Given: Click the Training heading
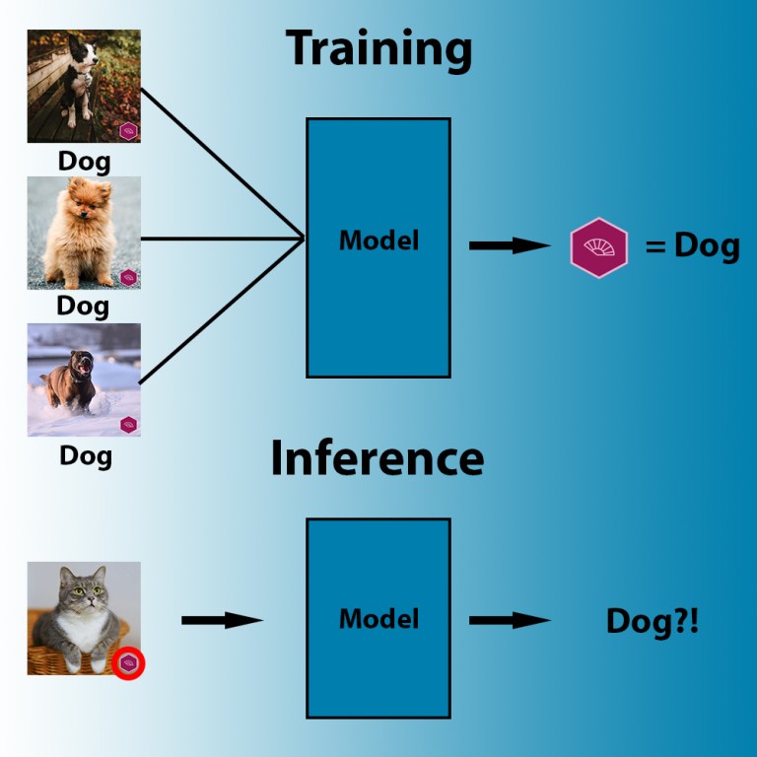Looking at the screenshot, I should pyautogui.click(x=378, y=49).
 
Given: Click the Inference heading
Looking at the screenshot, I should pyautogui.click(x=378, y=458).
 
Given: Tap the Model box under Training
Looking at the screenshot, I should pyautogui.click(x=378, y=247).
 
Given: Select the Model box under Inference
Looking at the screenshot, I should pyautogui.click(x=378, y=618).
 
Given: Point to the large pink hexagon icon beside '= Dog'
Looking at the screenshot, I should pyautogui.click(x=598, y=246).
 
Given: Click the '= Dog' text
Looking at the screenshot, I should pyautogui.click(x=692, y=245).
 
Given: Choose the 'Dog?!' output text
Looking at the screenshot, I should pyautogui.click(x=652, y=621).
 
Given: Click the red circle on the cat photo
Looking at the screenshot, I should pyautogui.click(x=129, y=663).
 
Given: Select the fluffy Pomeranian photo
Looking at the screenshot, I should pyautogui.click(x=84, y=233).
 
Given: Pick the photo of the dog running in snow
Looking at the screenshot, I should pyautogui.click(x=84, y=379).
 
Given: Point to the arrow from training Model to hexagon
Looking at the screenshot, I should pyautogui.click(x=509, y=245).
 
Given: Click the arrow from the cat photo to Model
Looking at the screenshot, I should pyautogui.click(x=222, y=620).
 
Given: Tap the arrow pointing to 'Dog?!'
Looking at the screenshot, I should pyautogui.click(x=509, y=620).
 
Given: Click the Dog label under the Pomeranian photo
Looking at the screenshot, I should pyautogui.click(x=84, y=306).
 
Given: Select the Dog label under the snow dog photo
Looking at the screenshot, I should pyautogui.click(x=86, y=455).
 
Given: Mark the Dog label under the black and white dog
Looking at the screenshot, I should pyautogui.click(x=84, y=160).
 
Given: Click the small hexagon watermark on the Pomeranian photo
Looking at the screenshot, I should pyautogui.click(x=128, y=277).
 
